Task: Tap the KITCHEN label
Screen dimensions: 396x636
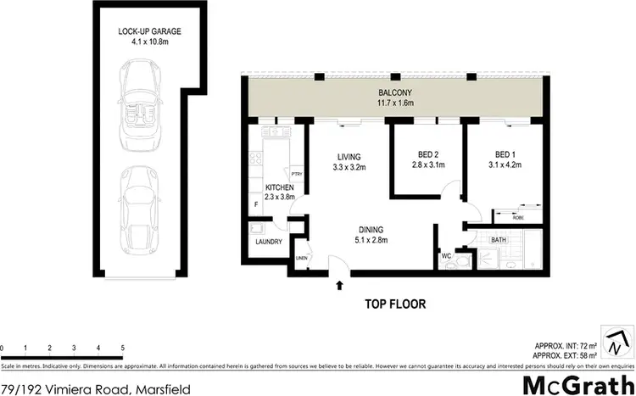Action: point(279,187)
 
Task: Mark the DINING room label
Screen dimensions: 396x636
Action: point(371,229)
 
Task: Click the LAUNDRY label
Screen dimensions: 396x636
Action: point(268,242)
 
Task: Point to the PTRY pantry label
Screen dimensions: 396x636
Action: point(297,173)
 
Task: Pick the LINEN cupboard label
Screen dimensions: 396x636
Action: point(300,259)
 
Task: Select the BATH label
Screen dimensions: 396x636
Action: point(499,241)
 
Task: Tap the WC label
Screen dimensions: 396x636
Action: point(446,254)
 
